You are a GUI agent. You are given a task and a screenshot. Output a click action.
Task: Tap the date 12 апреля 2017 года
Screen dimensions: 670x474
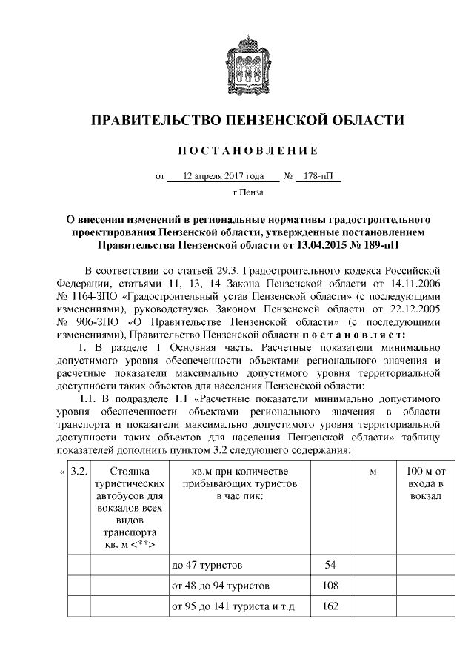click(223, 177)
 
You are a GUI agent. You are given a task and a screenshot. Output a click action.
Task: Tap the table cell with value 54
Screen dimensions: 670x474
click(330, 565)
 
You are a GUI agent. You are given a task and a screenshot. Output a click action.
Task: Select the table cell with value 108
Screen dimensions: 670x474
click(330, 586)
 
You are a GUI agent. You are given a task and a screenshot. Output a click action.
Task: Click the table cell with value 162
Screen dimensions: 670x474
click(330, 607)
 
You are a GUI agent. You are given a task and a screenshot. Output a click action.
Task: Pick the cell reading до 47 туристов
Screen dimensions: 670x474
click(207, 565)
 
